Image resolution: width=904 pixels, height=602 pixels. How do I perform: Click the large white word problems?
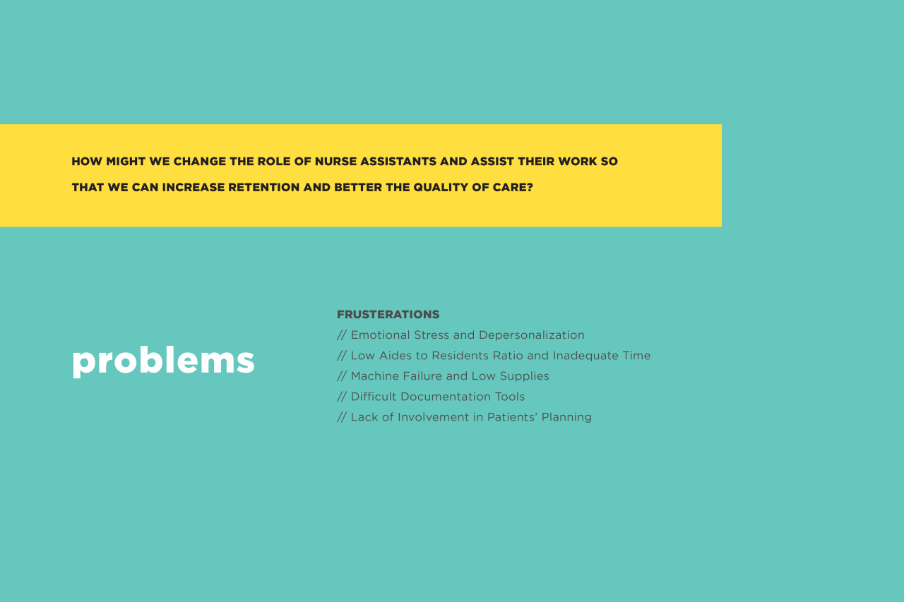(x=163, y=361)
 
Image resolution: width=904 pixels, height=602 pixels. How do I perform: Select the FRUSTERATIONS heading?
(x=388, y=315)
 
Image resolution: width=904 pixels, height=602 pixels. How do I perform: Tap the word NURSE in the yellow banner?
(x=335, y=162)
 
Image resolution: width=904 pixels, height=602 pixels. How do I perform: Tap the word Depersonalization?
(x=532, y=335)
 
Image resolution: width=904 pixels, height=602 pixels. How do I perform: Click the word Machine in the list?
(x=375, y=376)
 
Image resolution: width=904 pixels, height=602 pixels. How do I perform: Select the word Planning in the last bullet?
(x=566, y=418)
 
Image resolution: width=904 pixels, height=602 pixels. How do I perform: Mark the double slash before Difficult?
(x=342, y=397)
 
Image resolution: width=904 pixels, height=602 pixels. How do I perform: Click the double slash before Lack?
(x=342, y=417)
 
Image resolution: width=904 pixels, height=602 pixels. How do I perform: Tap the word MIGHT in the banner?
(x=126, y=162)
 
